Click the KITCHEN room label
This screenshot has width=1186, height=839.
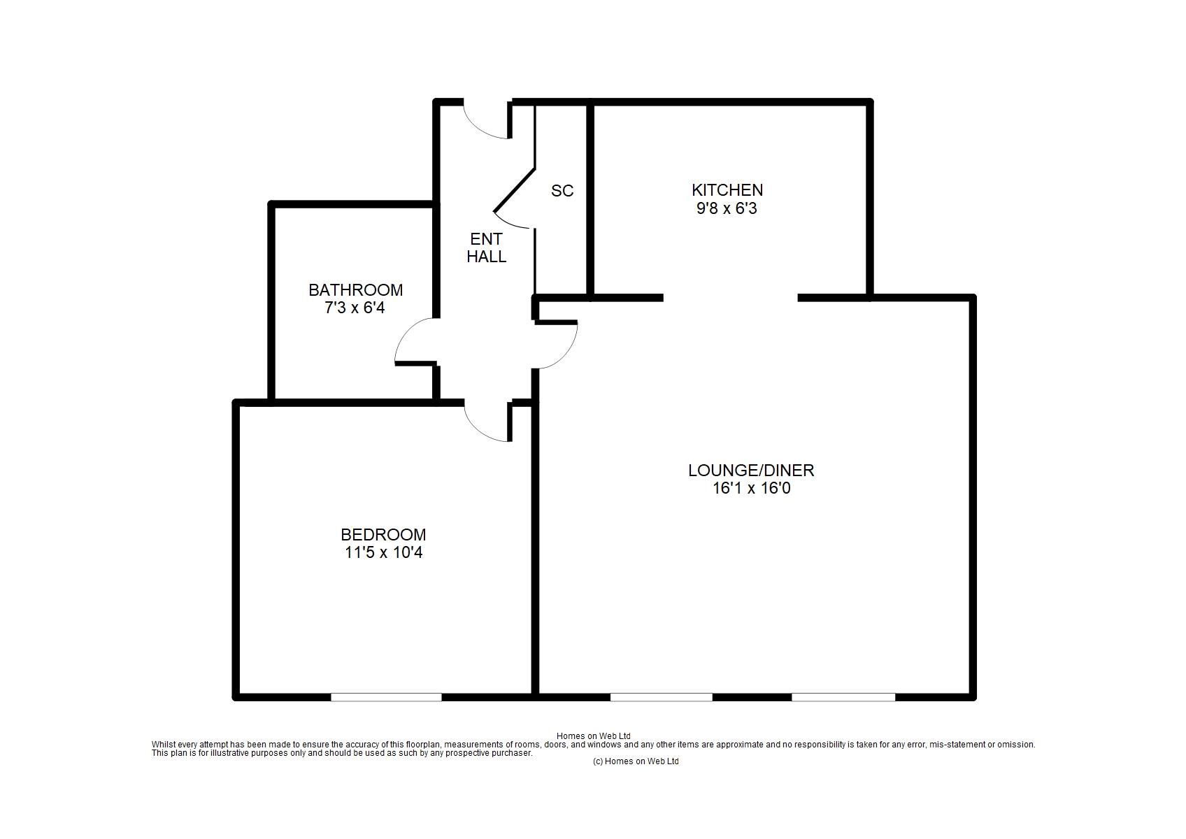pos(727,190)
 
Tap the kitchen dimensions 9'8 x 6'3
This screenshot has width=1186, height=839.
pos(727,208)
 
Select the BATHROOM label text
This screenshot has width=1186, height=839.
pos(355,290)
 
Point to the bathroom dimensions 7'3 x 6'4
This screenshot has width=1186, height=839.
pos(355,308)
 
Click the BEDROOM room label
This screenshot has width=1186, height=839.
pos(383,535)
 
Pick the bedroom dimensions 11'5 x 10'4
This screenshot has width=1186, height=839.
pos(383,552)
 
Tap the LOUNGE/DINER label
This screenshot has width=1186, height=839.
pos(751,470)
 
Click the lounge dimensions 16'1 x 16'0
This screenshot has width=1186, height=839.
pos(751,488)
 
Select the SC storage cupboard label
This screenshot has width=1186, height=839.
pos(562,191)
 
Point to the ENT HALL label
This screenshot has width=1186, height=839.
pos(486,248)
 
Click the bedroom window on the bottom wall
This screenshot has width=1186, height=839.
pos(386,697)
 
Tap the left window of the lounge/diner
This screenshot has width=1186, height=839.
pos(662,697)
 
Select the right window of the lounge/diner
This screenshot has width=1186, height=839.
pos(843,697)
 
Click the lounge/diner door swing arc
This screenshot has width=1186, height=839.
pos(566,355)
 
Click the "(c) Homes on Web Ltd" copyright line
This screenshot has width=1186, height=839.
pos(636,761)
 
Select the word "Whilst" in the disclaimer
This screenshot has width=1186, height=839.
pos(163,744)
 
